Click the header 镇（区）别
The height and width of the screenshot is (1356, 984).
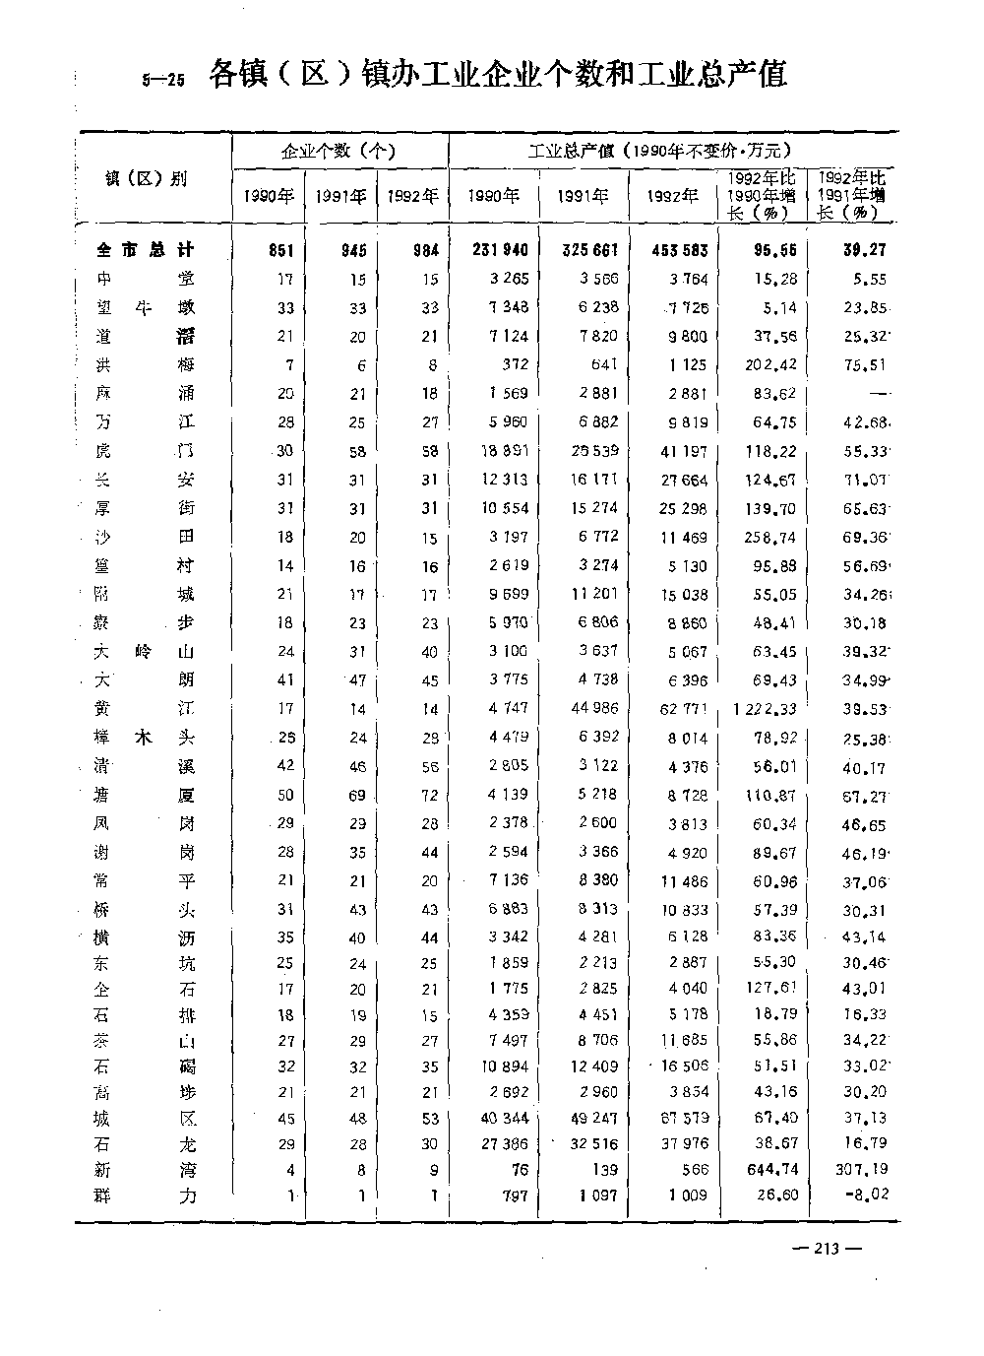pyautogui.click(x=146, y=179)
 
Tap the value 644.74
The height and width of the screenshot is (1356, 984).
pyautogui.click(x=772, y=1170)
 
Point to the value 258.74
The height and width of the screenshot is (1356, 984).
pyautogui.click(x=772, y=538)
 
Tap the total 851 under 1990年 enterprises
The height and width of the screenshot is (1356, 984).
pyautogui.click(x=281, y=250)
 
